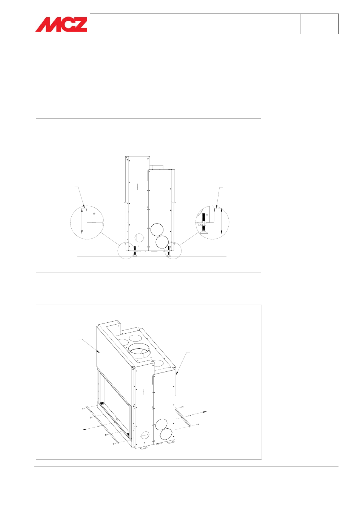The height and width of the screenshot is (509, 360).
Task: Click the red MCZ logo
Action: pos(61,24)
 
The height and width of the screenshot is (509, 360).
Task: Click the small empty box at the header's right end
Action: pos(319,24)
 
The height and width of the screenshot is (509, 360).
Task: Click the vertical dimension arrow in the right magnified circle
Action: pos(222,221)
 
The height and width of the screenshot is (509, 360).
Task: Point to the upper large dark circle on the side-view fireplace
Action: pos(157,229)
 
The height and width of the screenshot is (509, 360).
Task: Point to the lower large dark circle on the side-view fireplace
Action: pos(162,242)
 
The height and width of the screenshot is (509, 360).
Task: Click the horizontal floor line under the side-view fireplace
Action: pos(152,256)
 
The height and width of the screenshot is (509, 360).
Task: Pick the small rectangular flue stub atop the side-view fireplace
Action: pos(156,167)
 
